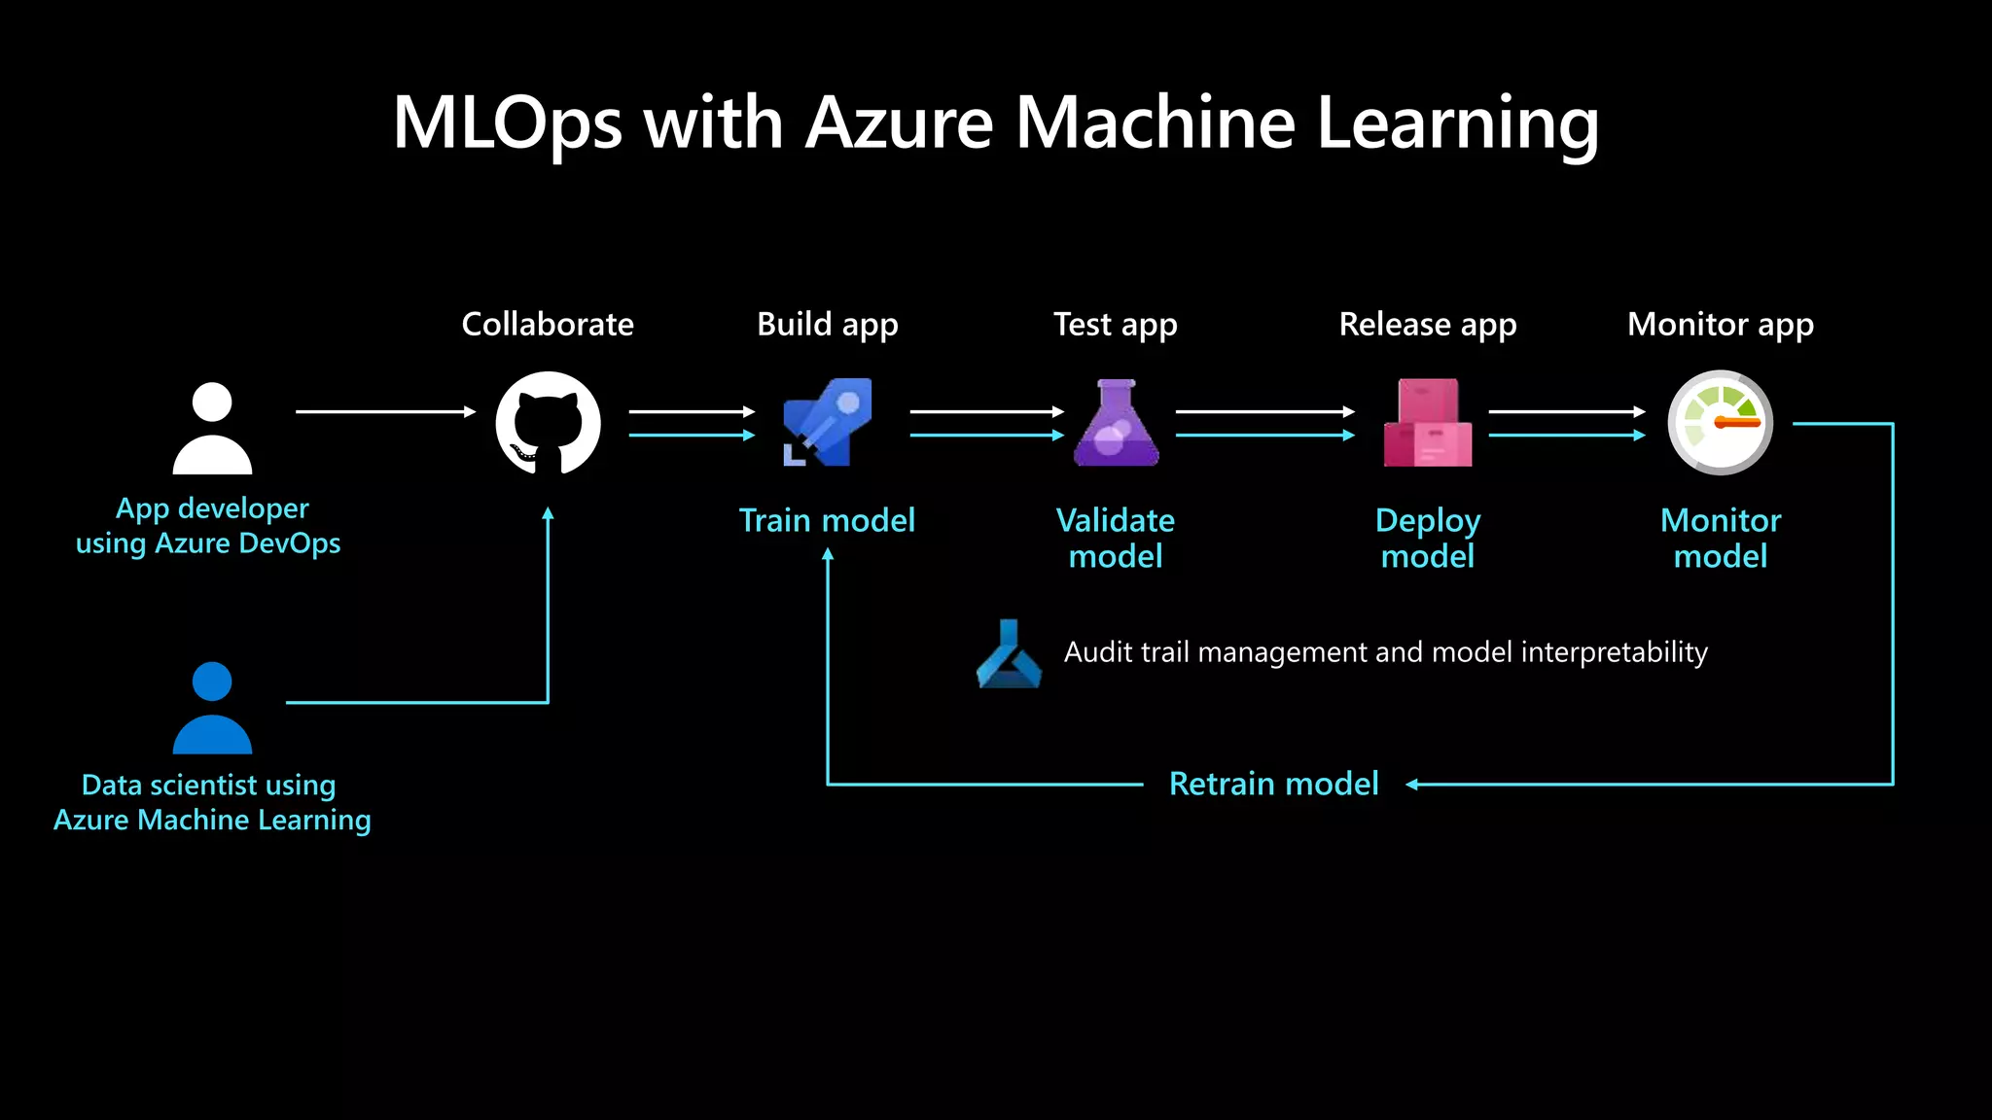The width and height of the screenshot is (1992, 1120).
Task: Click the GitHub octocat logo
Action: click(x=548, y=424)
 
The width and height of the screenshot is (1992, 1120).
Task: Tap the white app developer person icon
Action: click(x=212, y=429)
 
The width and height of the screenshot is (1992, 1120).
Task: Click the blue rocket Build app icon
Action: click(x=828, y=423)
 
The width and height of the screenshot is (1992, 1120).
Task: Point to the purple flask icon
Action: click(x=1117, y=424)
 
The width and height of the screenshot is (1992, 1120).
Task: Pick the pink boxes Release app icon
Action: click(x=1428, y=424)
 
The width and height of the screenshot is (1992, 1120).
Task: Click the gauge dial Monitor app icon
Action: click(x=1720, y=423)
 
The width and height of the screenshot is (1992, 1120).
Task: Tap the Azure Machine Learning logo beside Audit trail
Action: click(x=1009, y=654)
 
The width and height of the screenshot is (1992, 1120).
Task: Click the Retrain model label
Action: click(x=1273, y=784)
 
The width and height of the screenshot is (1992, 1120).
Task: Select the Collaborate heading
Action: click(x=548, y=324)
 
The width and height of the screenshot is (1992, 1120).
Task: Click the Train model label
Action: click(x=827, y=520)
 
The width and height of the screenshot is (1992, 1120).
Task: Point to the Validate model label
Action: click(x=1116, y=538)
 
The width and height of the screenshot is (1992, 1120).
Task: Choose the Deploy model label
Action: click(x=1428, y=538)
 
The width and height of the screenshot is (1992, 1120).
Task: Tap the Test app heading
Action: click(x=1116, y=324)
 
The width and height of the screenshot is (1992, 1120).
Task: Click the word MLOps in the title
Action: click(x=507, y=123)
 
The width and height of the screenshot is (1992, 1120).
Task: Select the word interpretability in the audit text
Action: click(x=1614, y=651)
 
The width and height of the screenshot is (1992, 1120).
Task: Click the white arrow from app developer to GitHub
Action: click(x=384, y=412)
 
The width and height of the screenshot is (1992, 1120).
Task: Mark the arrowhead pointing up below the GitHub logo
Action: click(x=548, y=513)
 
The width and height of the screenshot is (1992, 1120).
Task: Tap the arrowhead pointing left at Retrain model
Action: click(x=1412, y=784)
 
